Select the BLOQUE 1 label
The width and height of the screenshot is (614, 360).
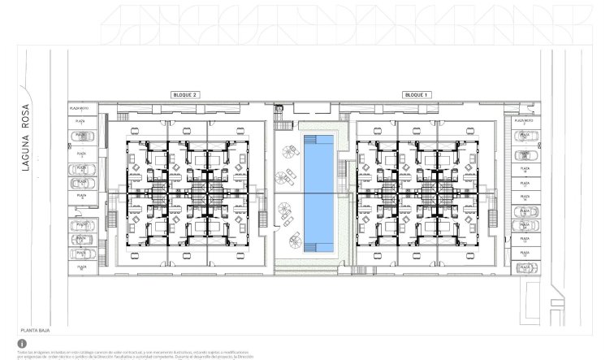click(x=417, y=95)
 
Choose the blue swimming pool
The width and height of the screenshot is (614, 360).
click(x=318, y=193)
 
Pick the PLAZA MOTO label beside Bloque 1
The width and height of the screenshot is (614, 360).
click(x=523, y=120)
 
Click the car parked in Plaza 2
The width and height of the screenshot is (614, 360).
click(x=81, y=136)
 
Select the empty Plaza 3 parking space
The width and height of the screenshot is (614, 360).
click(x=81, y=152)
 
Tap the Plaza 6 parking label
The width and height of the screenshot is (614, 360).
click(x=81, y=195)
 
